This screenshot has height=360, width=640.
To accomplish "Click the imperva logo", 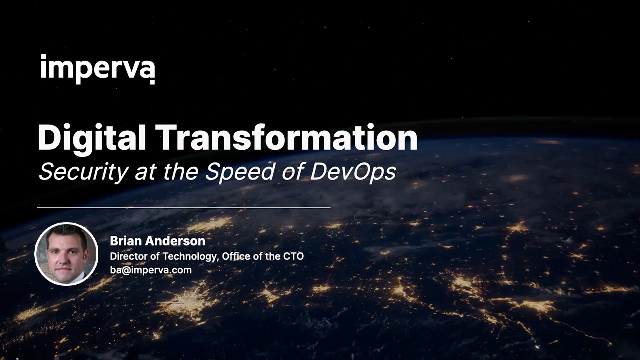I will [x=97, y=68].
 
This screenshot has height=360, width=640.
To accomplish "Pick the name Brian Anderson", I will [x=157, y=241].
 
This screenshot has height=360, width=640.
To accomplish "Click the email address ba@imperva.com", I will [x=150, y=270].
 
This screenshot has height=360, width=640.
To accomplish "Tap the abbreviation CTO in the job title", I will [x=293, y=256].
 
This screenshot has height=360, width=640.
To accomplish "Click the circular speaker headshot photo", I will [x=66, y=254].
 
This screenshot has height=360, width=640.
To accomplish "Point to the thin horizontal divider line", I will [x=183, y=207].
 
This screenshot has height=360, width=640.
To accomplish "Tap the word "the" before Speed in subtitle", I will [x=183, y=172].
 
